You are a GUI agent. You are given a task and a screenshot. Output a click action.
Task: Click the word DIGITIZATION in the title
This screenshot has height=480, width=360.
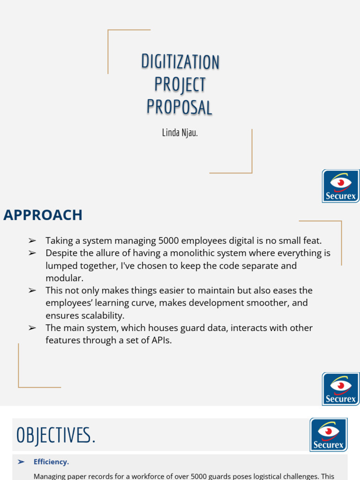pos(180,62)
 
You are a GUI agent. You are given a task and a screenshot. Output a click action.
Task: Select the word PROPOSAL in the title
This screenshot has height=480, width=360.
pos(180,107)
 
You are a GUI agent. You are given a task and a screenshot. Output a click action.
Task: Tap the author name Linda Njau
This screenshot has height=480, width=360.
pos(180,133)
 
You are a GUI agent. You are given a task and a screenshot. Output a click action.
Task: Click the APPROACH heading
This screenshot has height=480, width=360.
pos(43,215)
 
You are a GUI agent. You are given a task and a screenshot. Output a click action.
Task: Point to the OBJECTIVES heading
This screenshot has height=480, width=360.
pos(56,435)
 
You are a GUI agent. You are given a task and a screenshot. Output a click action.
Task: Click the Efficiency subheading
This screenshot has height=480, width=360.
pos(51,462)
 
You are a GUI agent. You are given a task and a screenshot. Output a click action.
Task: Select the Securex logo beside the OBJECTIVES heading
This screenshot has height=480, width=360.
pos(328,435)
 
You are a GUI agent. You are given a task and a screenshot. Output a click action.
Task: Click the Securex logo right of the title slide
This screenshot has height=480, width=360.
pos(341,186)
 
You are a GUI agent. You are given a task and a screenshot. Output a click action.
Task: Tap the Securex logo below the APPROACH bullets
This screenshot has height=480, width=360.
pos(341,389)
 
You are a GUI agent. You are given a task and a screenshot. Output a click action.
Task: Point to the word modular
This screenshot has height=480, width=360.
pos(64,278)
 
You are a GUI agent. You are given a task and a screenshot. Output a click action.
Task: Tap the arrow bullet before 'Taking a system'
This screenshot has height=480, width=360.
pos(32,240)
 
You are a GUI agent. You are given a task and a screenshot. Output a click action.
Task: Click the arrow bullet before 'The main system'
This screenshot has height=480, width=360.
pos(32,328)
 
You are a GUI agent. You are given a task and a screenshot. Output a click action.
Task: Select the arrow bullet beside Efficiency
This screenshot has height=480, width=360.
pos(21,462)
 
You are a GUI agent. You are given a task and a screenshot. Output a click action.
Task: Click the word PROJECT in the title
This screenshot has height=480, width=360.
pos(180,84)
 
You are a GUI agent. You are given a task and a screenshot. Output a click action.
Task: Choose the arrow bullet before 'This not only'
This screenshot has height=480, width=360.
pos(32,291)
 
